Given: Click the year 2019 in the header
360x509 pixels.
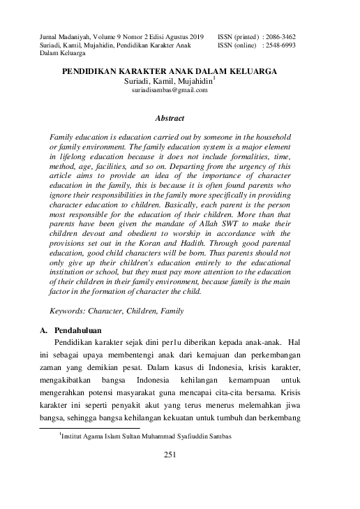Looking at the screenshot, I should pyautogui.click(x=196, y=34).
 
